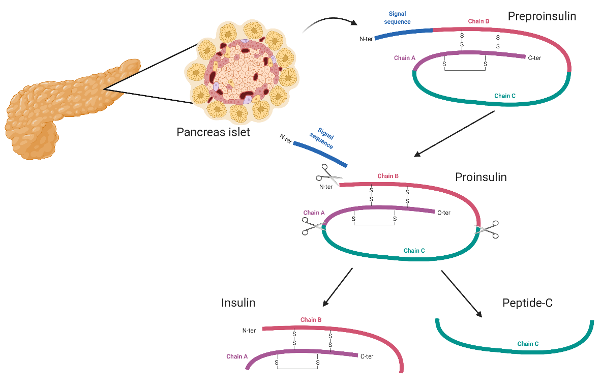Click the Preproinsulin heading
pyautogui.click(x=541, y=16)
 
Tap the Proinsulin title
pyautogui.click(x=480, y=177)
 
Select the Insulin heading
pyautogui.click(x=238, y=303)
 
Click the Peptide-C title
pyautogui.click(x=528, y=303)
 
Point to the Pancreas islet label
pyautogui.click(x=213, y=132)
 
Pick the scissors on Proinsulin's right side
pyautogui.click(x=487, y=230)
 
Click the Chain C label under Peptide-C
pyautogui.click(x=528, y=344)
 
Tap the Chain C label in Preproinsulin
pyautogui.click(x=504, y=96)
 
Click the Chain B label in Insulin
pyautogui.click(x=311, y=320)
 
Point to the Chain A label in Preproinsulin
pyautogui.click(x=405, y=58)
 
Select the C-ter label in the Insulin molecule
pyautogui.click(x=367, y=356)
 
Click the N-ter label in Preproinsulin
pyautogui.click(x=366, y=39)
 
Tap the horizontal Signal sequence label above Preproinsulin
pyautogui.click(x=398, y=18)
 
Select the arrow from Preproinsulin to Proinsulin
pyautogui.click(x=454, y=134)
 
